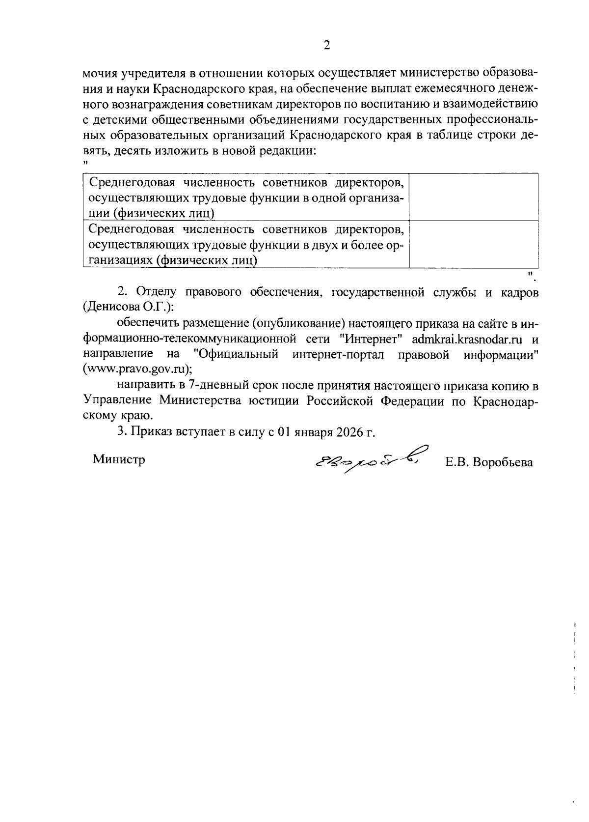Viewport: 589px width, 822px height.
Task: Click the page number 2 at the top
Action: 326,46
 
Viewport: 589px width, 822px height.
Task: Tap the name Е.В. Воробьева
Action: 488,462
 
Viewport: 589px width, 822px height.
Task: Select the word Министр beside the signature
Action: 119,459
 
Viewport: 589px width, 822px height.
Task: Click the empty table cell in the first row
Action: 473,197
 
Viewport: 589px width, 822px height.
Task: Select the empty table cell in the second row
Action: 473,244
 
